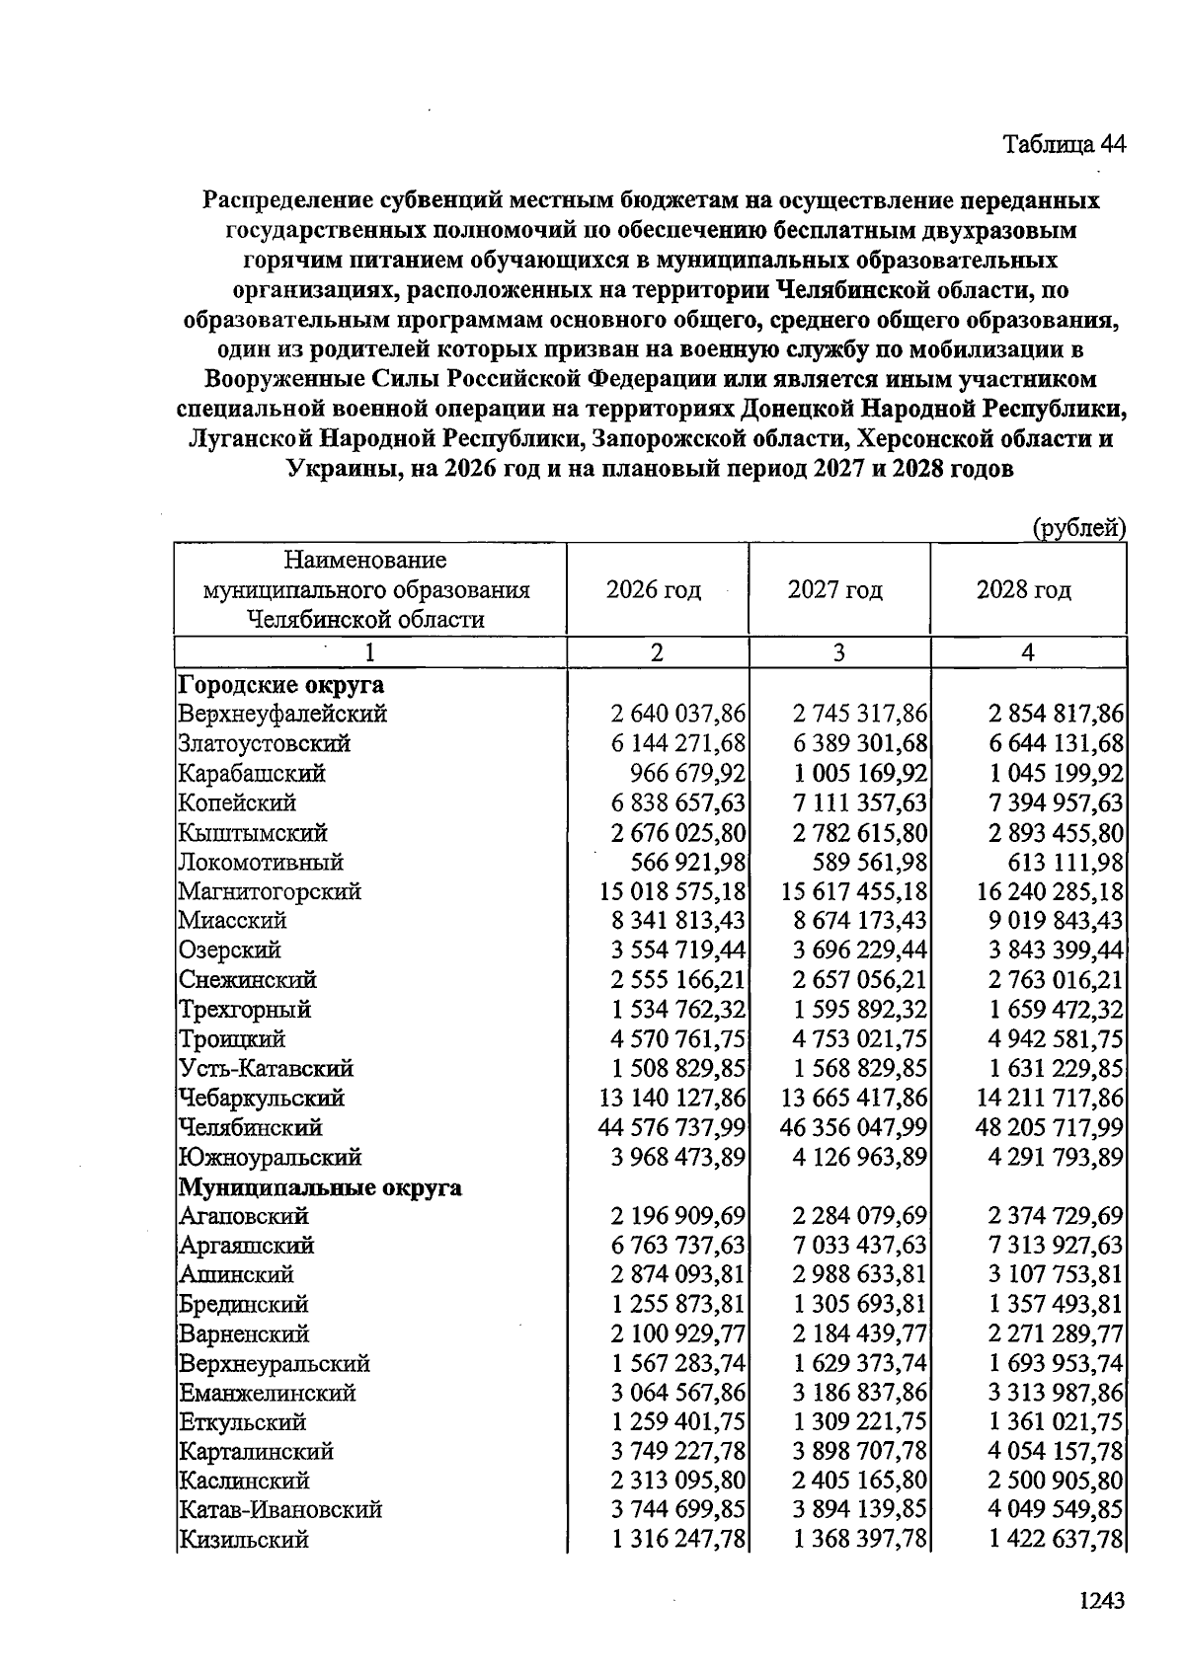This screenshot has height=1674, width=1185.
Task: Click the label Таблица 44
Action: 1064,144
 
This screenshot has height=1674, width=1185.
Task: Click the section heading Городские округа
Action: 281,684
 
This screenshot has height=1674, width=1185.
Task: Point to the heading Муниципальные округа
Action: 320,1186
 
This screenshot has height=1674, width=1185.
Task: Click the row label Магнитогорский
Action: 270,891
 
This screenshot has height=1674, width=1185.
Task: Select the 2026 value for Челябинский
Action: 672,1127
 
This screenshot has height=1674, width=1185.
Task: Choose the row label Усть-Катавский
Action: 266,1068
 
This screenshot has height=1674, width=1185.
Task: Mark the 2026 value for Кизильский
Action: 678,1539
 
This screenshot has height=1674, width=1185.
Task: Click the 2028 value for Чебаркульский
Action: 1050,1098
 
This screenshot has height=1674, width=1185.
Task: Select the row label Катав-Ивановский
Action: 280,1509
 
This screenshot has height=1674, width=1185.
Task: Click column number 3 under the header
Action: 838,652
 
